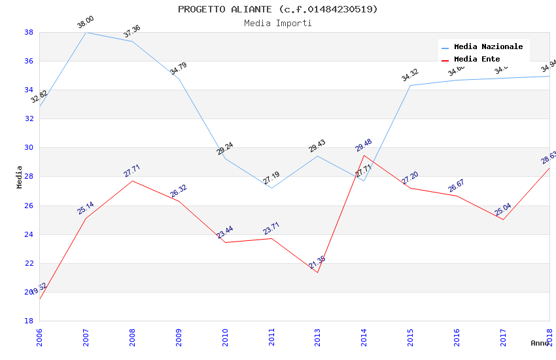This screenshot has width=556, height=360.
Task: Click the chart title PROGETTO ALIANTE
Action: coord(277,9)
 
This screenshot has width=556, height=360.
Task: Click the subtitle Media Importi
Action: coord(277,23)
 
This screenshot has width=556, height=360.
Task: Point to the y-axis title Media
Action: coord(20,177)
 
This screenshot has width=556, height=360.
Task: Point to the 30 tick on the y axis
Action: coord(29,148)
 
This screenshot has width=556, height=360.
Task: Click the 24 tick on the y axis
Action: coord(29,234)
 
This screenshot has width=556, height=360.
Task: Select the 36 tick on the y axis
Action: coord(29,62)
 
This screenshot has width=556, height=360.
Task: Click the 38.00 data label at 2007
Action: coord(86,22)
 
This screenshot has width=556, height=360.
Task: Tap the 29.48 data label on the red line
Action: coord(363,146)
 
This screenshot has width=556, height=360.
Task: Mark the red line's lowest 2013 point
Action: coord(317,272)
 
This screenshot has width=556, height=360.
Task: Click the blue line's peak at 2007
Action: coord(86,32)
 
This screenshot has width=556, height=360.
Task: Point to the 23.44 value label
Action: coord(225,232)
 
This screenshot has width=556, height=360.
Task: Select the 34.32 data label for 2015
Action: coord(409,75)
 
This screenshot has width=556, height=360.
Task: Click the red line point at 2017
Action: coord(503,219)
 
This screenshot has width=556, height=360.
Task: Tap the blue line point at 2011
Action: coord(271,188)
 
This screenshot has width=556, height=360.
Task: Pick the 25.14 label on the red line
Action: coord(86,208)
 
